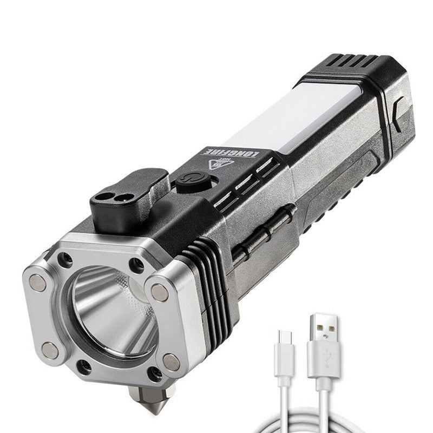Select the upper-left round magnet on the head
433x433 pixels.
(x=38, y=282)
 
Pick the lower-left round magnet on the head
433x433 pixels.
(x=50, y=350)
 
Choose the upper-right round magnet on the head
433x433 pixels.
(x=160, y=293)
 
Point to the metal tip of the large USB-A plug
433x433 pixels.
(x=323, y=330)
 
